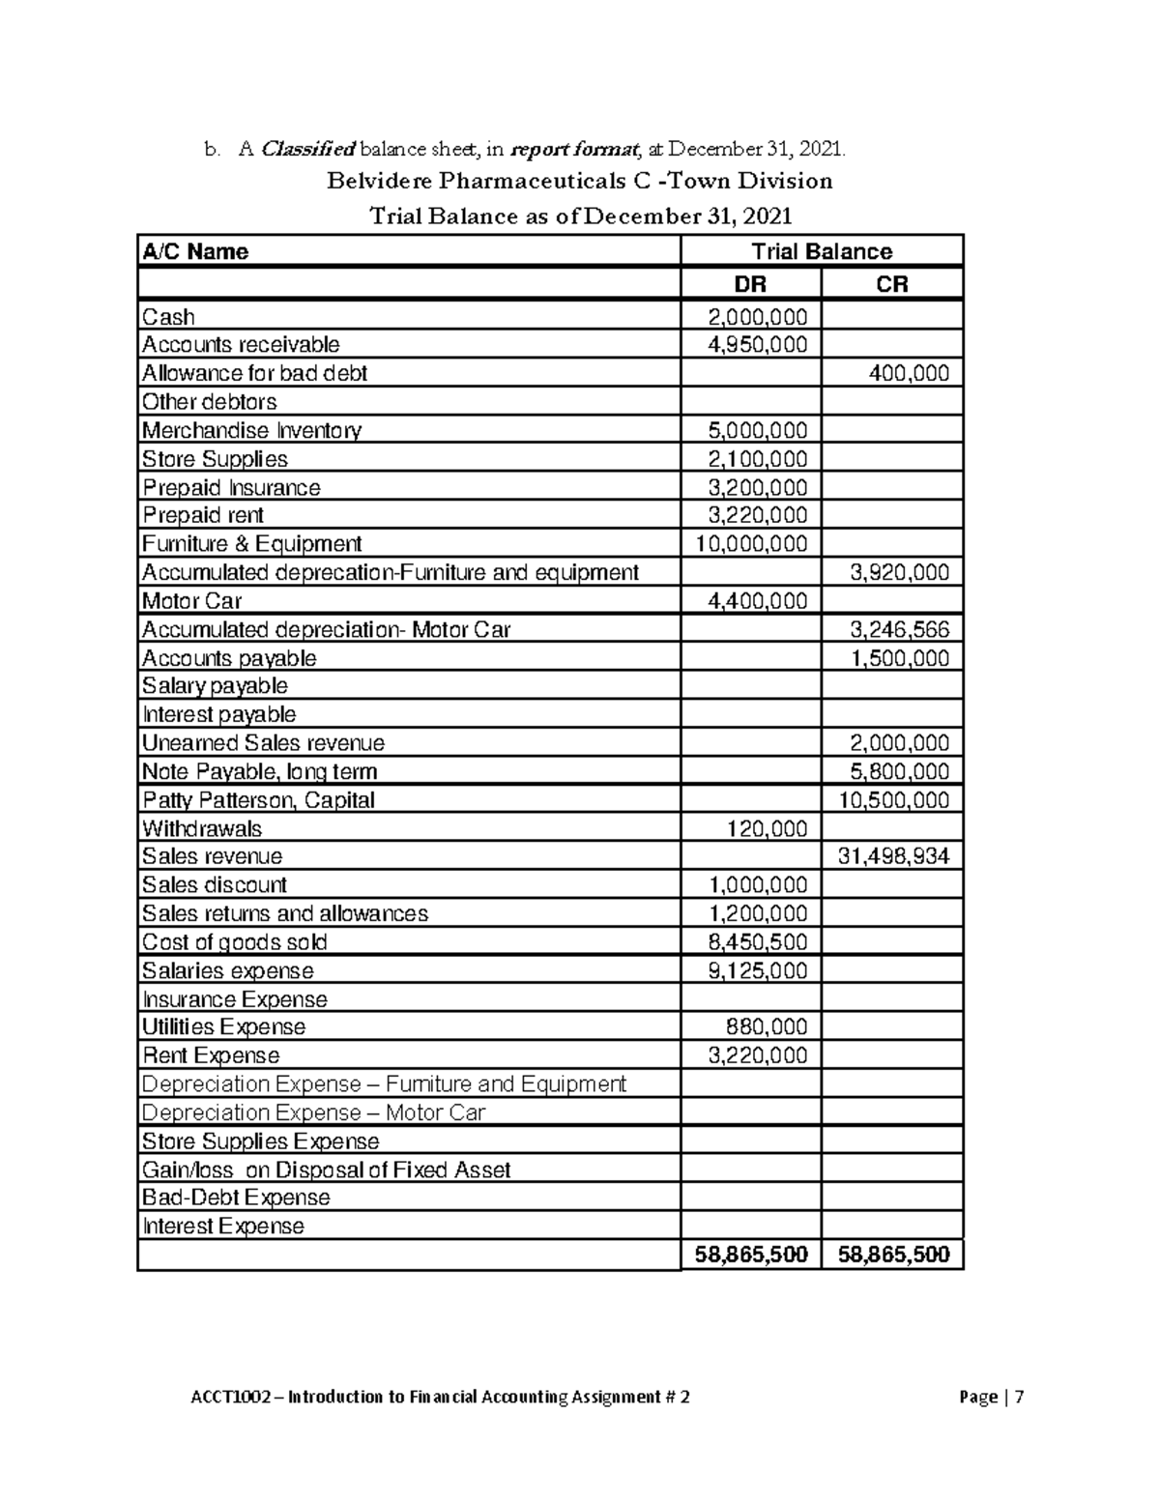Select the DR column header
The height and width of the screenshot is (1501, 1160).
pyautogui.click(x=751, y=284)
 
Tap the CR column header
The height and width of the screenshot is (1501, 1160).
pyautogui.click(x=891, y=284)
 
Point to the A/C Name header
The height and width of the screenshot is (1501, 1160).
pyautogui.click(x=195, y=252)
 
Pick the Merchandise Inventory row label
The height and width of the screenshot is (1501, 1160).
pyautogui.click(x=251, y=430)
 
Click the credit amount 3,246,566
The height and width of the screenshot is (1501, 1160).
pyautogui.click(x=899, y=630)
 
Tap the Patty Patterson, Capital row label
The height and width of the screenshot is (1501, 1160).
pyautogui.click(x=258, y=800)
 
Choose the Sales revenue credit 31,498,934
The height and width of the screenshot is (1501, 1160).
pyautogui.click(x=895, y=856)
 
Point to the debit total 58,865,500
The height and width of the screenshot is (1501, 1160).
pyautogui.click(x=751, y=1255)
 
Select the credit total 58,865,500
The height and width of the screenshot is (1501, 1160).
pyautogui.click(x=893, y=1255)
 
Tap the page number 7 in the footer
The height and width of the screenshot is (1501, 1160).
pyautogui.click(x=1019, y=1397)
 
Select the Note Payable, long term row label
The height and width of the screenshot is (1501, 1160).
pyautogui.click(x=259, y=771)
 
